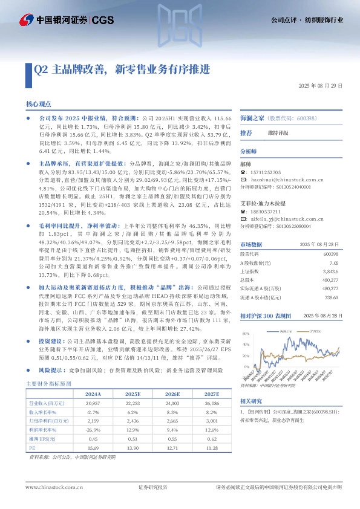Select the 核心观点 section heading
pos(39,104)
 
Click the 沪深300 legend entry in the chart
pos(315,332)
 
